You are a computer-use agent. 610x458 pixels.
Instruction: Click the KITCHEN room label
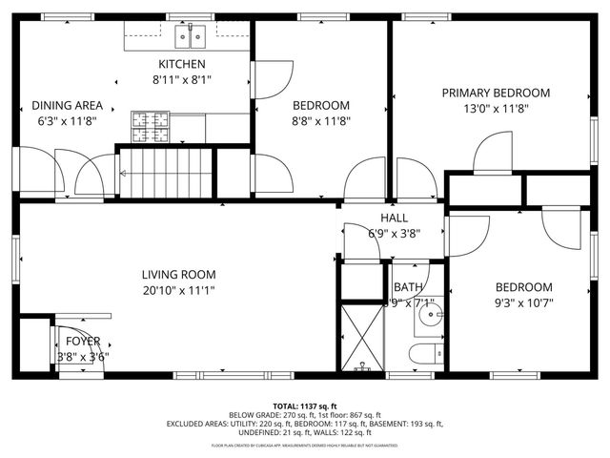click(181, 64)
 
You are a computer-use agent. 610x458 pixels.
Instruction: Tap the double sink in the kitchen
click(191, 37)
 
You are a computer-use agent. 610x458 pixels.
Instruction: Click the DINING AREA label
click(68, 106)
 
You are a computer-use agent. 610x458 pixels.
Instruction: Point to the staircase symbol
click(162, 174)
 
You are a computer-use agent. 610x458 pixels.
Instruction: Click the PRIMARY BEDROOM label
click(495, 93)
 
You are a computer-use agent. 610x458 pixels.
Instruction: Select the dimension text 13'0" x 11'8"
click(495, 109)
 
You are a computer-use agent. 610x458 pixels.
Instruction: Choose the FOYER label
click(81, 341)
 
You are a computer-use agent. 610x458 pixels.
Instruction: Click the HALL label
click(395, 218)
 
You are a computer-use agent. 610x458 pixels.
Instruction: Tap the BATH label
click(408, 286)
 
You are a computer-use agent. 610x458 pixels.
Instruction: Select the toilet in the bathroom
click(425, 355)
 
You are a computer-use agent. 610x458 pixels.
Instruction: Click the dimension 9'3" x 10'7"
click(523, 303)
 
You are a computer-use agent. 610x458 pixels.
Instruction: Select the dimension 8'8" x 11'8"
click(320, 121)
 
